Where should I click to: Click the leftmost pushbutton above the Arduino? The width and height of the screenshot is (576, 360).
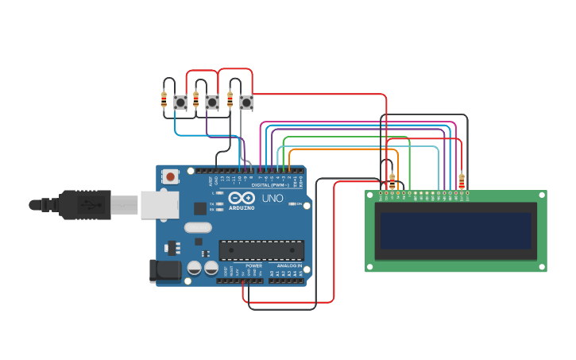(180, 102)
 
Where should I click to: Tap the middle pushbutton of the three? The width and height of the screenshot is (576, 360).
(212, 102)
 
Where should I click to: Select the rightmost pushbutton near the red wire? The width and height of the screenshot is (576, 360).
(246, 102)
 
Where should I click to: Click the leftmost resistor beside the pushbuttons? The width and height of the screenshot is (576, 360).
(164, 99)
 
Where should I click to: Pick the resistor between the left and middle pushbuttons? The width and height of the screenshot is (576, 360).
(195, 99)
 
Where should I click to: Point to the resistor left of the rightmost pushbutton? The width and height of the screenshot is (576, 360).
(230, 99)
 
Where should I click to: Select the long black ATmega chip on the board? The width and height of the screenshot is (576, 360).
(261, 250)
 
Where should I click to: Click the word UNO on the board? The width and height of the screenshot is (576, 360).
(273, 198)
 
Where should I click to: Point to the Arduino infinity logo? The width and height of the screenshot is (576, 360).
(241, 198)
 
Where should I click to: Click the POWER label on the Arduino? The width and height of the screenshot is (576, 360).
(253, 265)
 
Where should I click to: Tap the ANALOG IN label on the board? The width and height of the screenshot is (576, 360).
(289, 265)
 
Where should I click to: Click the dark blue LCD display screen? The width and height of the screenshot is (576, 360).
(455, 230)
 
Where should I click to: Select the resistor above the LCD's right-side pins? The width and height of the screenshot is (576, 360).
(462, 181)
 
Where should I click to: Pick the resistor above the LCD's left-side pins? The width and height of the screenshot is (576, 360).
(392, 181)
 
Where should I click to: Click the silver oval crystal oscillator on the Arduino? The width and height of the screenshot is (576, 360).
(198, 227)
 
